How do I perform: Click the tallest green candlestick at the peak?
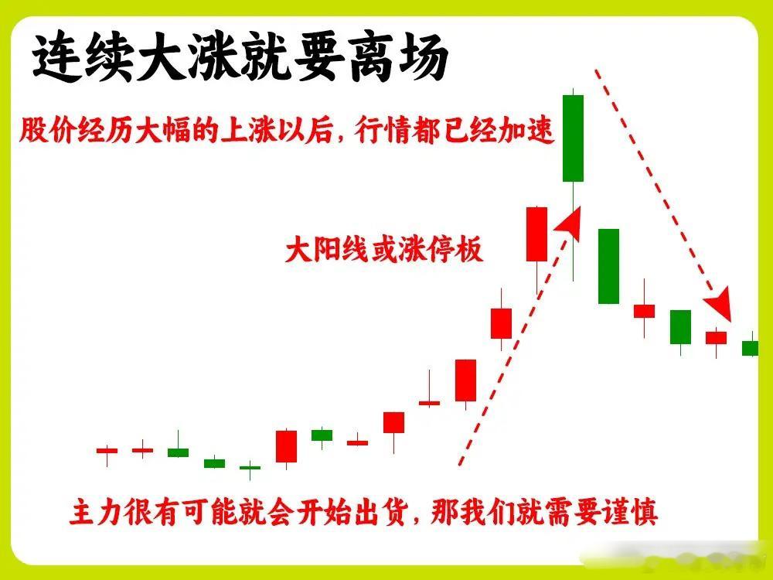pyautogui.click(x=573, y=138)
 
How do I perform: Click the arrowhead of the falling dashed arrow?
pyautogui.click(x=720, y=303)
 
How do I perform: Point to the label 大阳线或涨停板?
pyautogui.click(x=384, y=249)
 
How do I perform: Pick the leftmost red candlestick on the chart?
pyautogui.click(x=107, y=450)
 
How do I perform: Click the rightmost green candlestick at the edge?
pyautogui.click(x=751, y=348)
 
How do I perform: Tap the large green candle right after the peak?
pyautogui.click(x=609, y=266)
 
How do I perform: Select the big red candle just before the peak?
pyautogui.click(x=537, y=234)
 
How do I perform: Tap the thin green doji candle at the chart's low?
pyautogui.click(x=250, y=468)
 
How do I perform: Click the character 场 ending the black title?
pyautogui.click(x=424, y=58)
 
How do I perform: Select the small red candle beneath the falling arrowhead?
pyautogui.click(x=716, y=338)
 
